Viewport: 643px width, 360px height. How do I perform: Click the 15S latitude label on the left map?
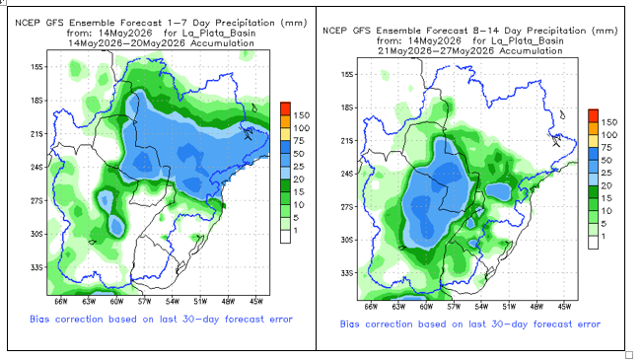coord(36,67)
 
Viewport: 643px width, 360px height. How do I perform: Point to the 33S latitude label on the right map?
coord(347,273)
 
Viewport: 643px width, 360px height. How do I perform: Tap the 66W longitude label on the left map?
coord(61,302)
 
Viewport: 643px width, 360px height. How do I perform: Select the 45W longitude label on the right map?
coord(564,307)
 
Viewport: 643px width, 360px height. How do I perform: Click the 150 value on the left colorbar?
coord(302,115)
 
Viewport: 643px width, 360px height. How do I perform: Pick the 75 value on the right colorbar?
coord(607,148)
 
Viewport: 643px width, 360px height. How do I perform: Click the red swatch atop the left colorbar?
coord(285,108)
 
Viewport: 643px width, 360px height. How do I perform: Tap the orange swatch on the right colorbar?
coord(593,128)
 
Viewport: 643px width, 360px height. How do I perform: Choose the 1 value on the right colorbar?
coord(604,237)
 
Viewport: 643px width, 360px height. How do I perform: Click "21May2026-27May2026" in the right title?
coord(435,51)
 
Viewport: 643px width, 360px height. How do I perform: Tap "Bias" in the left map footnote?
coord(39,319)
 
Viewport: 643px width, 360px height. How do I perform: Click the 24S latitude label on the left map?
coord(36,168)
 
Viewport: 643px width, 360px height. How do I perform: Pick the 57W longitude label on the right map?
coord(454,307)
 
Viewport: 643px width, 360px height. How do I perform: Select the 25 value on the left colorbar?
coord(299,167)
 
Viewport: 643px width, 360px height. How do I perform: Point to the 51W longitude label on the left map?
coord(200,302)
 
